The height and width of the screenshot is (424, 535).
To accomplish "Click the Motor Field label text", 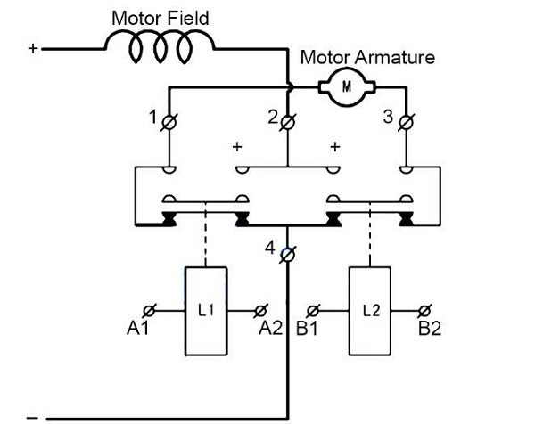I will (160, 17).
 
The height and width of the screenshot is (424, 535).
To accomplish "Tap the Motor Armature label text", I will (367, 58).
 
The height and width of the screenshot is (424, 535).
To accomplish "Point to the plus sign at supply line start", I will (33, 49).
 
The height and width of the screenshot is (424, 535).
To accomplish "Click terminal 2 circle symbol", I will (287, 121).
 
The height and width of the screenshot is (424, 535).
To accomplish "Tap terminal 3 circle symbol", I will (406, 121).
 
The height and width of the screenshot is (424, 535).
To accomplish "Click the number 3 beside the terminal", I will (387, 115).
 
